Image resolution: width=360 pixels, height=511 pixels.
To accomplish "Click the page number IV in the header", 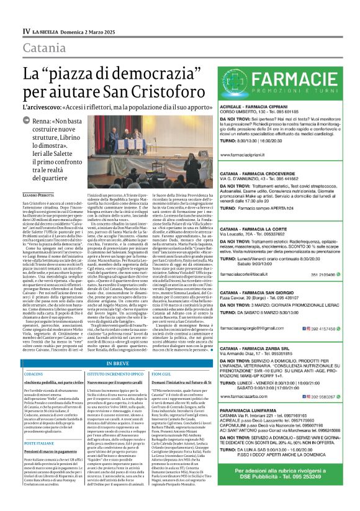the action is [26, 30].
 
